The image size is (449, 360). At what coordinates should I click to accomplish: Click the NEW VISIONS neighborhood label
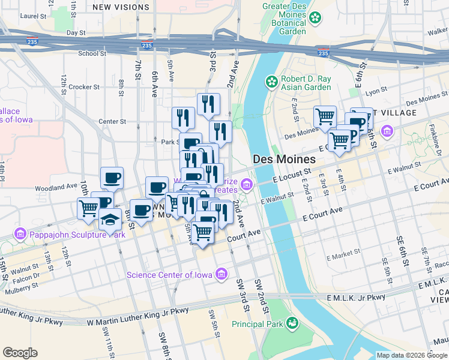pyautogui.click(x=121, y=7)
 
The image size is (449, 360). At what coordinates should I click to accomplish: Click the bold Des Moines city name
pyautogui.click(x=285, y=159)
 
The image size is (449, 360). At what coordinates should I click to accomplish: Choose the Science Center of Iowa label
pyautogui.click(x=169, y=275)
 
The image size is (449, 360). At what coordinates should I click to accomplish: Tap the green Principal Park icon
pyautogui.click(x=292, y=323)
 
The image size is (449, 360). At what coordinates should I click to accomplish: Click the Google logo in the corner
pyautogui.click(x=20, y=353)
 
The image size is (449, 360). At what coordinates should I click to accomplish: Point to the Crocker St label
pyautogui.click(x=84, y=87)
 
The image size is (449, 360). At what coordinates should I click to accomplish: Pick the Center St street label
pyautogui.click(x=112, y=121)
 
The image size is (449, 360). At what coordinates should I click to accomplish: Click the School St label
pyautogui.click(x=92, y=53)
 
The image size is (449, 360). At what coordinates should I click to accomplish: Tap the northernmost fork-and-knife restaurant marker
pyautogui.click(x=208, y=103)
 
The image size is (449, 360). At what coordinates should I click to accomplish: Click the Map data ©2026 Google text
pyautogui.click(x=412, y=355)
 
